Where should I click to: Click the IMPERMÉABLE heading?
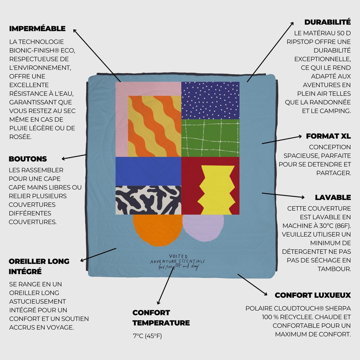(x=37, y=28)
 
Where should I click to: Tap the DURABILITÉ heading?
(x=327, y=22)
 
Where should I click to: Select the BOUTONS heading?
(x=28, y=159)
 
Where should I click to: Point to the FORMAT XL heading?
(x=328, y=136)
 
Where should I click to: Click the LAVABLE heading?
(x=333, y=197)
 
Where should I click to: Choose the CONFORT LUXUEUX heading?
(x=312, y=295)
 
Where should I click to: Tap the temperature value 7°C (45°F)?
(x=148, y=336)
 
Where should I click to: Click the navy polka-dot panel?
(x=210, y=100)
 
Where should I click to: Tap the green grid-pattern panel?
(x=210, y=138)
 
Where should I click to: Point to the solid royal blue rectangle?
(x=148, y=171)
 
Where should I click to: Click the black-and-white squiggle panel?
(x=148, y=200)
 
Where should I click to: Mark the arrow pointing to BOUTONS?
(x=74, y=157)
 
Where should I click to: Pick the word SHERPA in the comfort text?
(x=338, y=308)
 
